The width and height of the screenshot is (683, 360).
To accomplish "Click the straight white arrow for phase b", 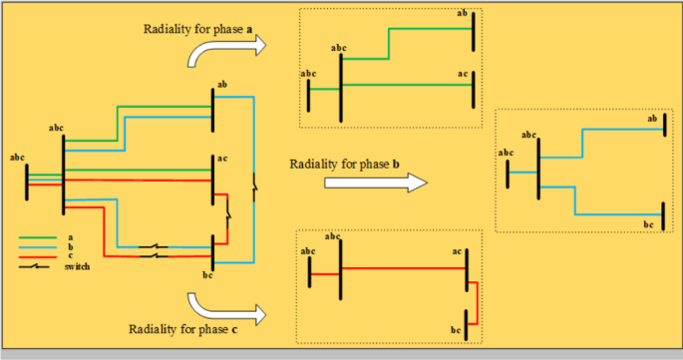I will [x=359, y=182].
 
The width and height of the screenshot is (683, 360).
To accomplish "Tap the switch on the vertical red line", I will [x=229, y=212].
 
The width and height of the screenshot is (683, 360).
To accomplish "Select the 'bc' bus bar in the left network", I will [x=212, y=250].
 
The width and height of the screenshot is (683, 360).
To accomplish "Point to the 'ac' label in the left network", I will [x=221, y=158].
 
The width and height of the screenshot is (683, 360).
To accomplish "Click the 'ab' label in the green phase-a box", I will [x=461, y=13].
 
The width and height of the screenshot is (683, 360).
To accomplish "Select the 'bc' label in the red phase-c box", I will [x=457, y=328].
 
